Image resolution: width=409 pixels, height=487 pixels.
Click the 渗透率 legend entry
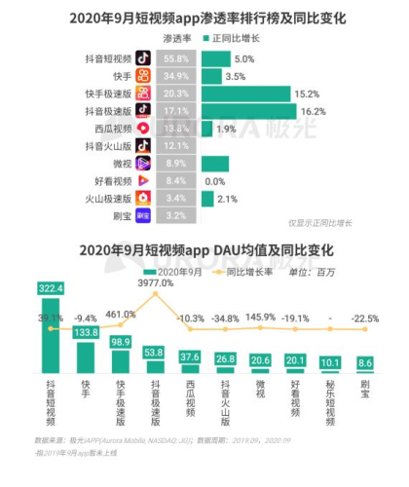pyautogui.click(x=176, y=38)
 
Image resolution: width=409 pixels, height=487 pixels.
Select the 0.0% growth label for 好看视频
pyautogui.click(x=215, y=181)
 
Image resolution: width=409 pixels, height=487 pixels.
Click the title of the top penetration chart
pyautogui.click(x=204, y=17)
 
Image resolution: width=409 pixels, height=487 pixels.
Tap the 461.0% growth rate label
pyautogui.click(x=120, y=315)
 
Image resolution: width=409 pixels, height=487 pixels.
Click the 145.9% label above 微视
pyautogui.click(x=260, y=317)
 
